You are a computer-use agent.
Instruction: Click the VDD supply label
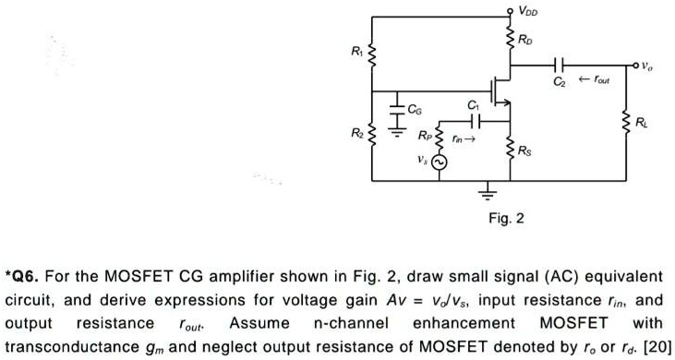coord(528,12)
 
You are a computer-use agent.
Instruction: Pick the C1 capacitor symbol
coord(474,120)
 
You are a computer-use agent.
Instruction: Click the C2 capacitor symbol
coord(557,66)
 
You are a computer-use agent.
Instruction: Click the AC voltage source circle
coord(440,162)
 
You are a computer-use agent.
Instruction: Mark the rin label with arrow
coord(464,140)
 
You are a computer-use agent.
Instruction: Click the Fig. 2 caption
coord(507,219)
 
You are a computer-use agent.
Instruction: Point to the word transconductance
coord(66,347)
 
